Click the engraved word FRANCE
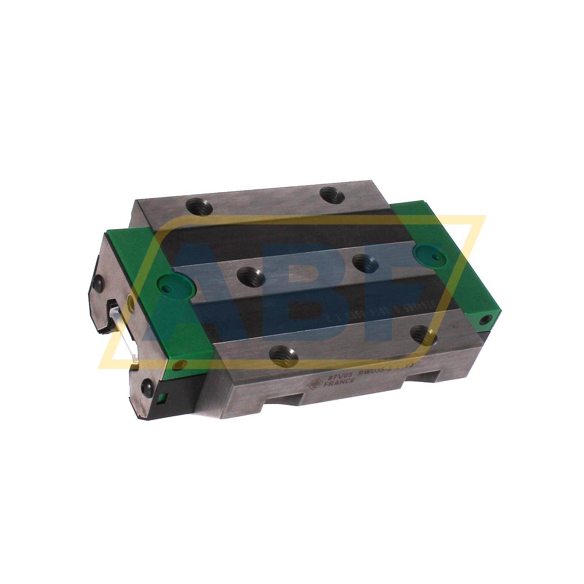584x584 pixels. pyautogui.click(x=339, y=382)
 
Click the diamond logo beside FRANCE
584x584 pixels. pyautogui.click(x=313, y=385)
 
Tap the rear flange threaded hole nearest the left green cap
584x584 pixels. pyautogui.click(x=199, y=208)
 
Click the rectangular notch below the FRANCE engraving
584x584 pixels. pyautogui.click(x=283, y=399)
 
